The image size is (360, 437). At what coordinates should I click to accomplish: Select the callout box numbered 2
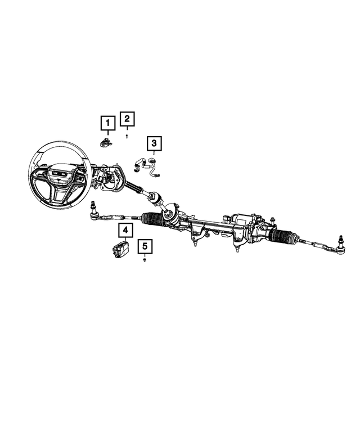point(128,119)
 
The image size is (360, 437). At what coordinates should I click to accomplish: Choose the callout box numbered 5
point(145,246)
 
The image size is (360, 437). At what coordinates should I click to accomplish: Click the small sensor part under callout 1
point(106,141)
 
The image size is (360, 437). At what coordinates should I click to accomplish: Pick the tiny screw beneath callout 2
point(128,135)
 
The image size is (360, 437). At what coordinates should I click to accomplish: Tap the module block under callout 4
point(119,250)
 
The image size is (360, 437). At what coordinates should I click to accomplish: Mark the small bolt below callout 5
point(145,261)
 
